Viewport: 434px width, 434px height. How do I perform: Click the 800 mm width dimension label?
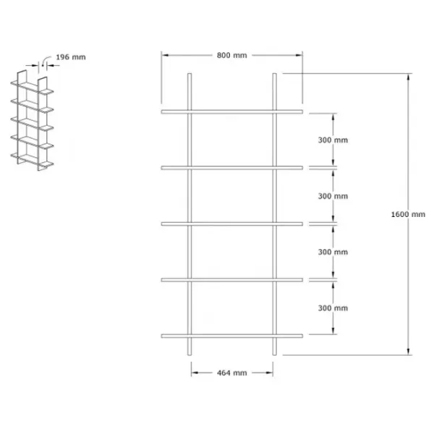click(x=231, y=56)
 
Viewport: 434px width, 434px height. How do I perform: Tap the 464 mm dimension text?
click(x=231, y=373)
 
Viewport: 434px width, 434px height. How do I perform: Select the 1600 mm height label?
click(x=408, y=214)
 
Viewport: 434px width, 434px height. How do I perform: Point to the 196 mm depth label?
click(x=71, y=57)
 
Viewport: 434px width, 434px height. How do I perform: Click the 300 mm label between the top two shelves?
click(x=333, y=140)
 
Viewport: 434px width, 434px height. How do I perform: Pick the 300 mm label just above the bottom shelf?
click(x=333, y=308)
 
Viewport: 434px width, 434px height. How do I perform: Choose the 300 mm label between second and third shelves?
click(x=333, y=196)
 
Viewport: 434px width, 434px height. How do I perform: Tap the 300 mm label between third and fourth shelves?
click(x=333, y=252)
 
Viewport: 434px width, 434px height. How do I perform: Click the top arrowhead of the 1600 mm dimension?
click(x=408, y=77)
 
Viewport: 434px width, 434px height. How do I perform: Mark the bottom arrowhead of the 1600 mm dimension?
click(x=408, y=352)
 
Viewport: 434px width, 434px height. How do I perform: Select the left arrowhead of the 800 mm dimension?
click(x=165, y=55)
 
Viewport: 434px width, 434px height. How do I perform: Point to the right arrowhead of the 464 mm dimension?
click(x=269, y=373)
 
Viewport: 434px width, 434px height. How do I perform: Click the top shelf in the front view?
click(x=232, y=112)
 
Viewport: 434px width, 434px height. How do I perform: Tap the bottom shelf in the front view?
click(x=232, y=336)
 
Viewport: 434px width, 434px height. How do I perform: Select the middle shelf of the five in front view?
click(x=232, y=224)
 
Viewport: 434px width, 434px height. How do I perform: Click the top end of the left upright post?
click(x=190, y=74)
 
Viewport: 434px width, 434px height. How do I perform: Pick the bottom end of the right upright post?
click(x=274, y=354)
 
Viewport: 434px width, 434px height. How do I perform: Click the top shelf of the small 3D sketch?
click(x=32, y=88)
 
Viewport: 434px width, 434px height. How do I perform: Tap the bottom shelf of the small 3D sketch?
click(x=32, y=160)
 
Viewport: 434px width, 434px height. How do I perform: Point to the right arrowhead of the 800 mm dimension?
click(x=299, y=55)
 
